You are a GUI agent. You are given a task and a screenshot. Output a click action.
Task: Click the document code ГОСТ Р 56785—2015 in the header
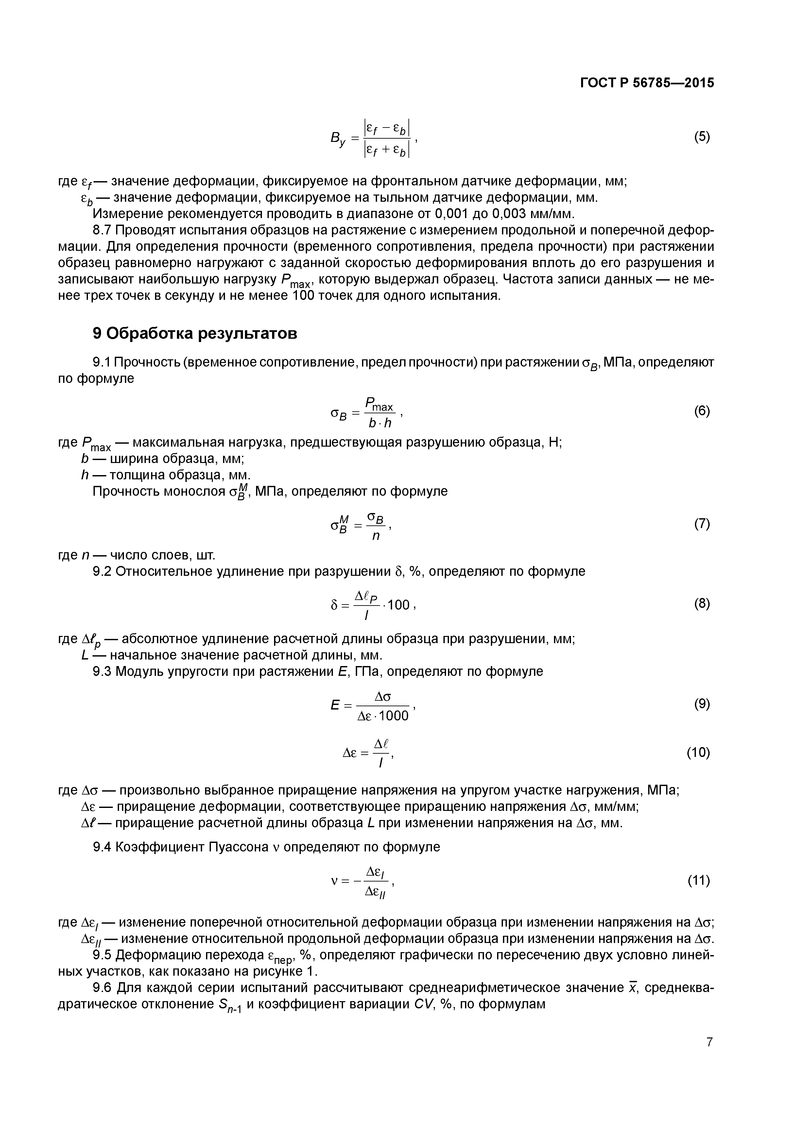(647, 83)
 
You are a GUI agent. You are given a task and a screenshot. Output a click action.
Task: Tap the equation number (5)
(702, 137)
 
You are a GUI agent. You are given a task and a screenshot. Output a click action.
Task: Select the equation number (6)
(702, 411)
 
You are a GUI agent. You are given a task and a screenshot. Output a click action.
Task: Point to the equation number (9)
(702, 704)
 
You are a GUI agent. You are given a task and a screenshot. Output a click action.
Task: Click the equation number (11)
(699, 880)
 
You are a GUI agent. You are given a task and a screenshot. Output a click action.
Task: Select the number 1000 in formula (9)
(394, 716)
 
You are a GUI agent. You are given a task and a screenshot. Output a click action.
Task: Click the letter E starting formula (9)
(335, 705)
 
